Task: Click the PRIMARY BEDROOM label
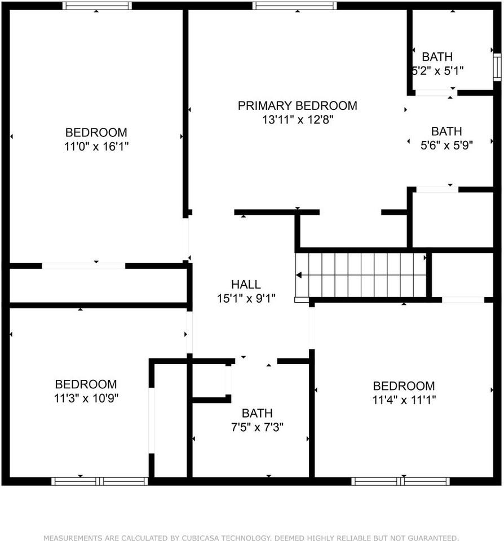click(x=297, y=105)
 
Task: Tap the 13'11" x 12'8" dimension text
click(x=297, y=119)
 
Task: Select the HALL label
click(x=246, y=285)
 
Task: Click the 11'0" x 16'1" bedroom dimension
click(x=96, y=147)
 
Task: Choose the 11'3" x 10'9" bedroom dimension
click(x=86, y=398)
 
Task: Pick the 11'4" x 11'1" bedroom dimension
click(x=404, y=400)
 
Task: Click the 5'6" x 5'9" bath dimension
click(x=446, y=145)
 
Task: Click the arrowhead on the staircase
click(x=299, y=275)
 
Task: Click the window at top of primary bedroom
click(x=294, y=6)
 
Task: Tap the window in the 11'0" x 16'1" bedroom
click(x=97, y=6)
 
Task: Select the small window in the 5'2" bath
click(x=497, y=66)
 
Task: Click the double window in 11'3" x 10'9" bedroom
click(x=100, y=481)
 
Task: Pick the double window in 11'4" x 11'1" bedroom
click(x=400, y=481)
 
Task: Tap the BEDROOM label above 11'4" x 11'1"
click(x=404, y=386)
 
